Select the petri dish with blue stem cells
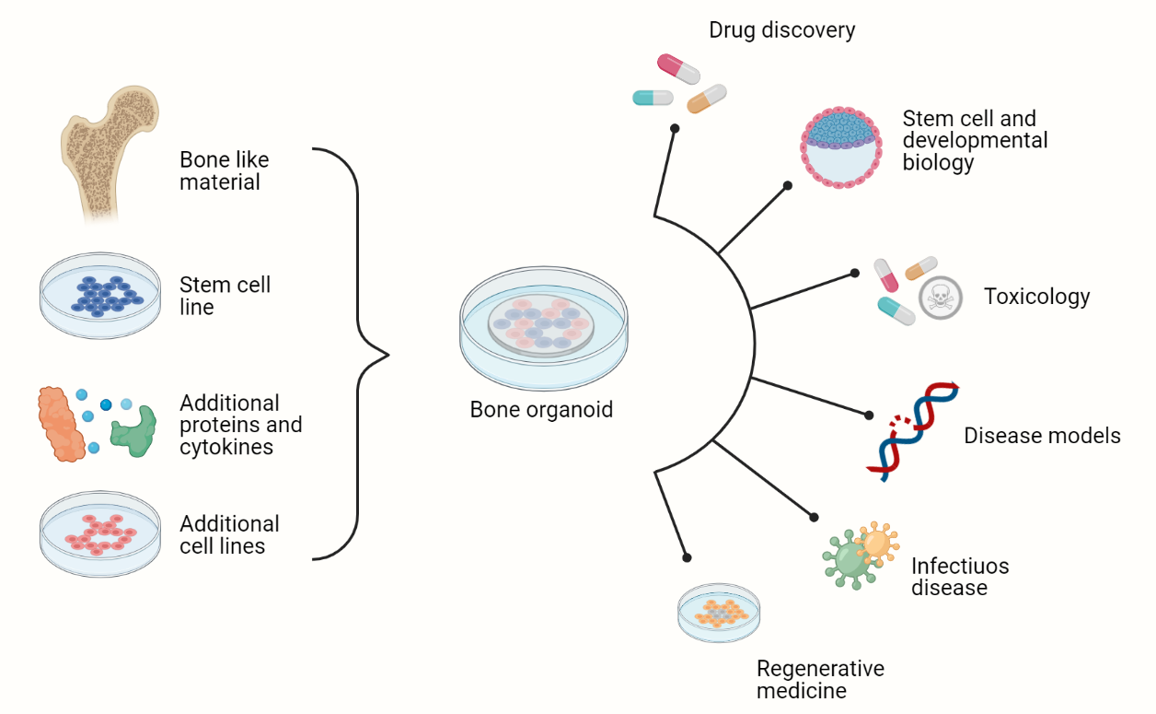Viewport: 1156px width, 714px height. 100,294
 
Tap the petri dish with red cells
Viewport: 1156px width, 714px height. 100,534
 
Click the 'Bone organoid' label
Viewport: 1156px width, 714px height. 541,409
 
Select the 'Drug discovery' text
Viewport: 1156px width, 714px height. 781,29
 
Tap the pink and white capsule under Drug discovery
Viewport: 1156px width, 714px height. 678,68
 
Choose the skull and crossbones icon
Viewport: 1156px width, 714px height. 940,298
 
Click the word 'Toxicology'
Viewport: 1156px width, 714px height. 1036,297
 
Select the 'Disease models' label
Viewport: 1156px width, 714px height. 1042,435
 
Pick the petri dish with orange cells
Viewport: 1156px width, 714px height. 720,612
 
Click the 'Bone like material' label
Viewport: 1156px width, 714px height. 224,170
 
